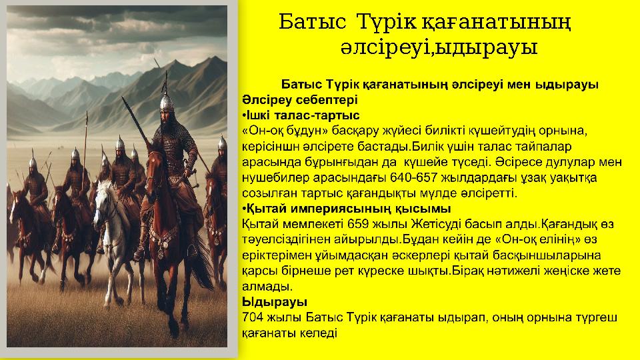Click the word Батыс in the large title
pos(312,22)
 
